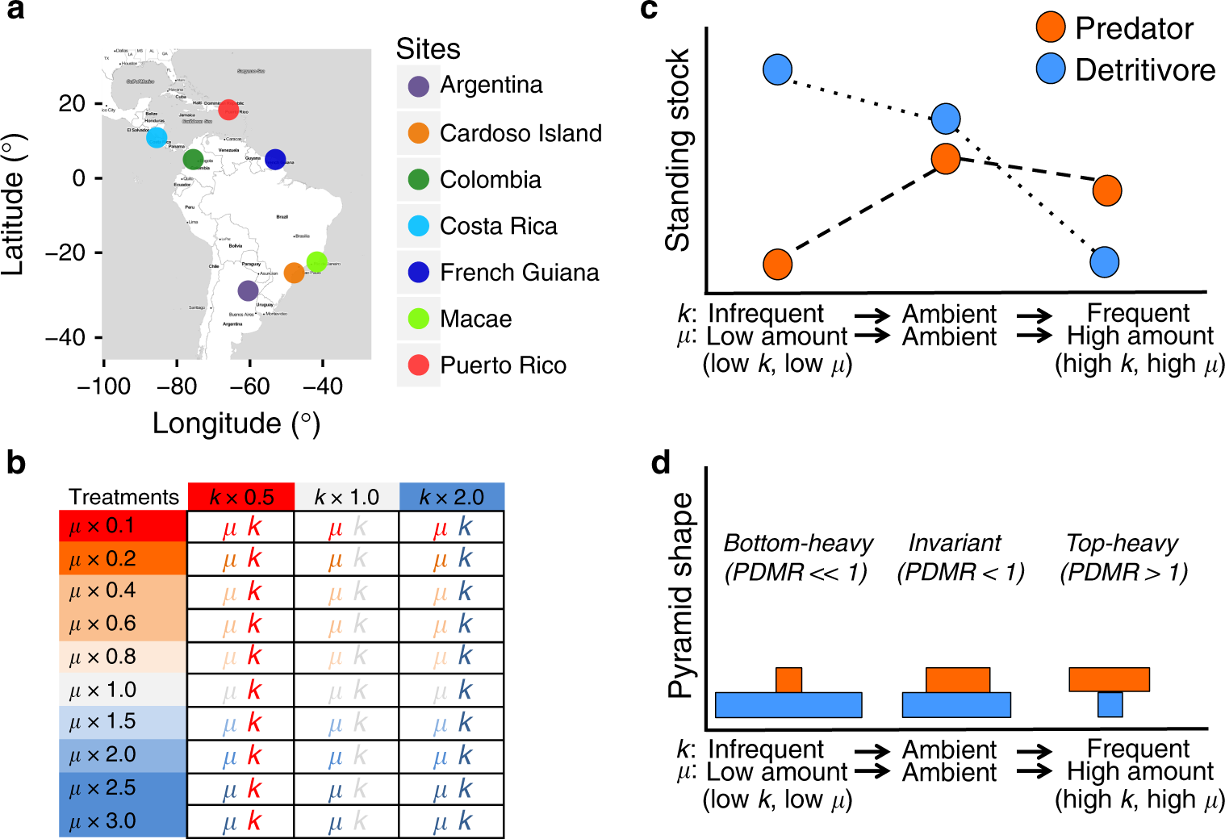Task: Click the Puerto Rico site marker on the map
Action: pyautogui.click(x=228, y=109)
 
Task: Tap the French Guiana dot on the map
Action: pyautogui.click(x=275, y=160)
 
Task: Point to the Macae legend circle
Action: pyautogui.click(x=418, y=319)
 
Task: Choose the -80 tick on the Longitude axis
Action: pyautogui.click(x=177, y=386)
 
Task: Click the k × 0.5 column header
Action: pyautogui.click(x=240, y=497)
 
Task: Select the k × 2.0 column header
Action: pyautogui.click(x=451, y=497)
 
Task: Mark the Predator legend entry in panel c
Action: pyautogui.click(x=1114, y=28)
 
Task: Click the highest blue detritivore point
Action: pyautogui.click(x=777, y=69)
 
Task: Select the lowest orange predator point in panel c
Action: pyautogui.click(x=777, y=264)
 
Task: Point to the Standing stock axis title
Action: pyautogui.click(x=678, y=151)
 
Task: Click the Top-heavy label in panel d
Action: pyautogui.click(x=1122, y=543)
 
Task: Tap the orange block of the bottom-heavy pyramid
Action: pyautogui.click(x=788, y=679)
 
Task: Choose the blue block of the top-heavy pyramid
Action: pyautogui.click(x=1110, y=704)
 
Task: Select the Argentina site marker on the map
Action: pyautogui.click(x=249, y=290)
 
